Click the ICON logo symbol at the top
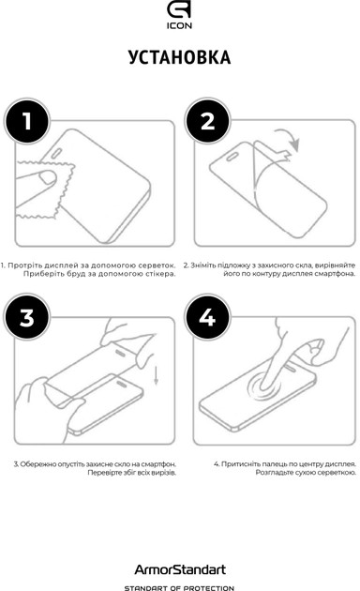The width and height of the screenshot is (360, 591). click(x=179, y=11)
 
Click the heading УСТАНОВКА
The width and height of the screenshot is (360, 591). click(x=179, y=57)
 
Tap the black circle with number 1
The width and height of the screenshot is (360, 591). click(x=27, y=121)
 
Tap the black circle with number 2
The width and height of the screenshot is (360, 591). click(x=207, y=121)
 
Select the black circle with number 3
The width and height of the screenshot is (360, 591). click(x=27, y=317)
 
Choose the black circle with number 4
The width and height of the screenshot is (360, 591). click(x=207, y=317)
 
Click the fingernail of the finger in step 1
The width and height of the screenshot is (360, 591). click(x=49, y=177)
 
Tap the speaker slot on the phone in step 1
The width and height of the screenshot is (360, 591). click(x=57, y=154)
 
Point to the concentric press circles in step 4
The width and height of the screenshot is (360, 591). click(x=264, y=386)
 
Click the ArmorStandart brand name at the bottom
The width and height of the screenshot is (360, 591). click(x=180, y=569)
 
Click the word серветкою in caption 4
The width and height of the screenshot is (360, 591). click(x=339, y=473)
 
